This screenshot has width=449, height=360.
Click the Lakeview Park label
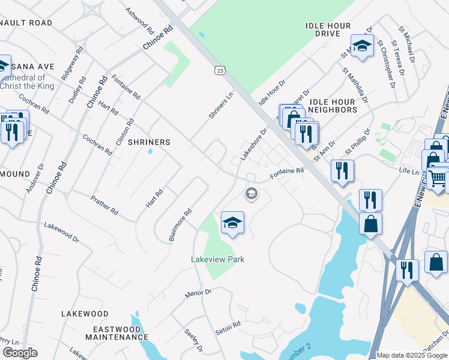[x=217, y=259]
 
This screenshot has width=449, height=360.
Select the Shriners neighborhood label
[x=149, y=142]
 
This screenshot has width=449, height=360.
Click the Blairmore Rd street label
[x=180, y=224]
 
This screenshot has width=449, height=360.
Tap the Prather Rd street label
[x=104, y=205]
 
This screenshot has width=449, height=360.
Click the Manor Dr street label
[x=199, y=293]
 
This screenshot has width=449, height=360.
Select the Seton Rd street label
[x=228, y=328]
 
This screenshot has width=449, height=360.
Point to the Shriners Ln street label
[x=221, y=106]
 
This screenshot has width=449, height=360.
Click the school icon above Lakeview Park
[x=232, y=223]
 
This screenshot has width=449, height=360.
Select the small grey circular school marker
[x=251, y=193]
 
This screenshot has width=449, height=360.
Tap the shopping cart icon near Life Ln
[x=438, y=178]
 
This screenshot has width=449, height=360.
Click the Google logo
[x=20, y=353]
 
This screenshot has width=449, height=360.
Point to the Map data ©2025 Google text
[x=411, y=355]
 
